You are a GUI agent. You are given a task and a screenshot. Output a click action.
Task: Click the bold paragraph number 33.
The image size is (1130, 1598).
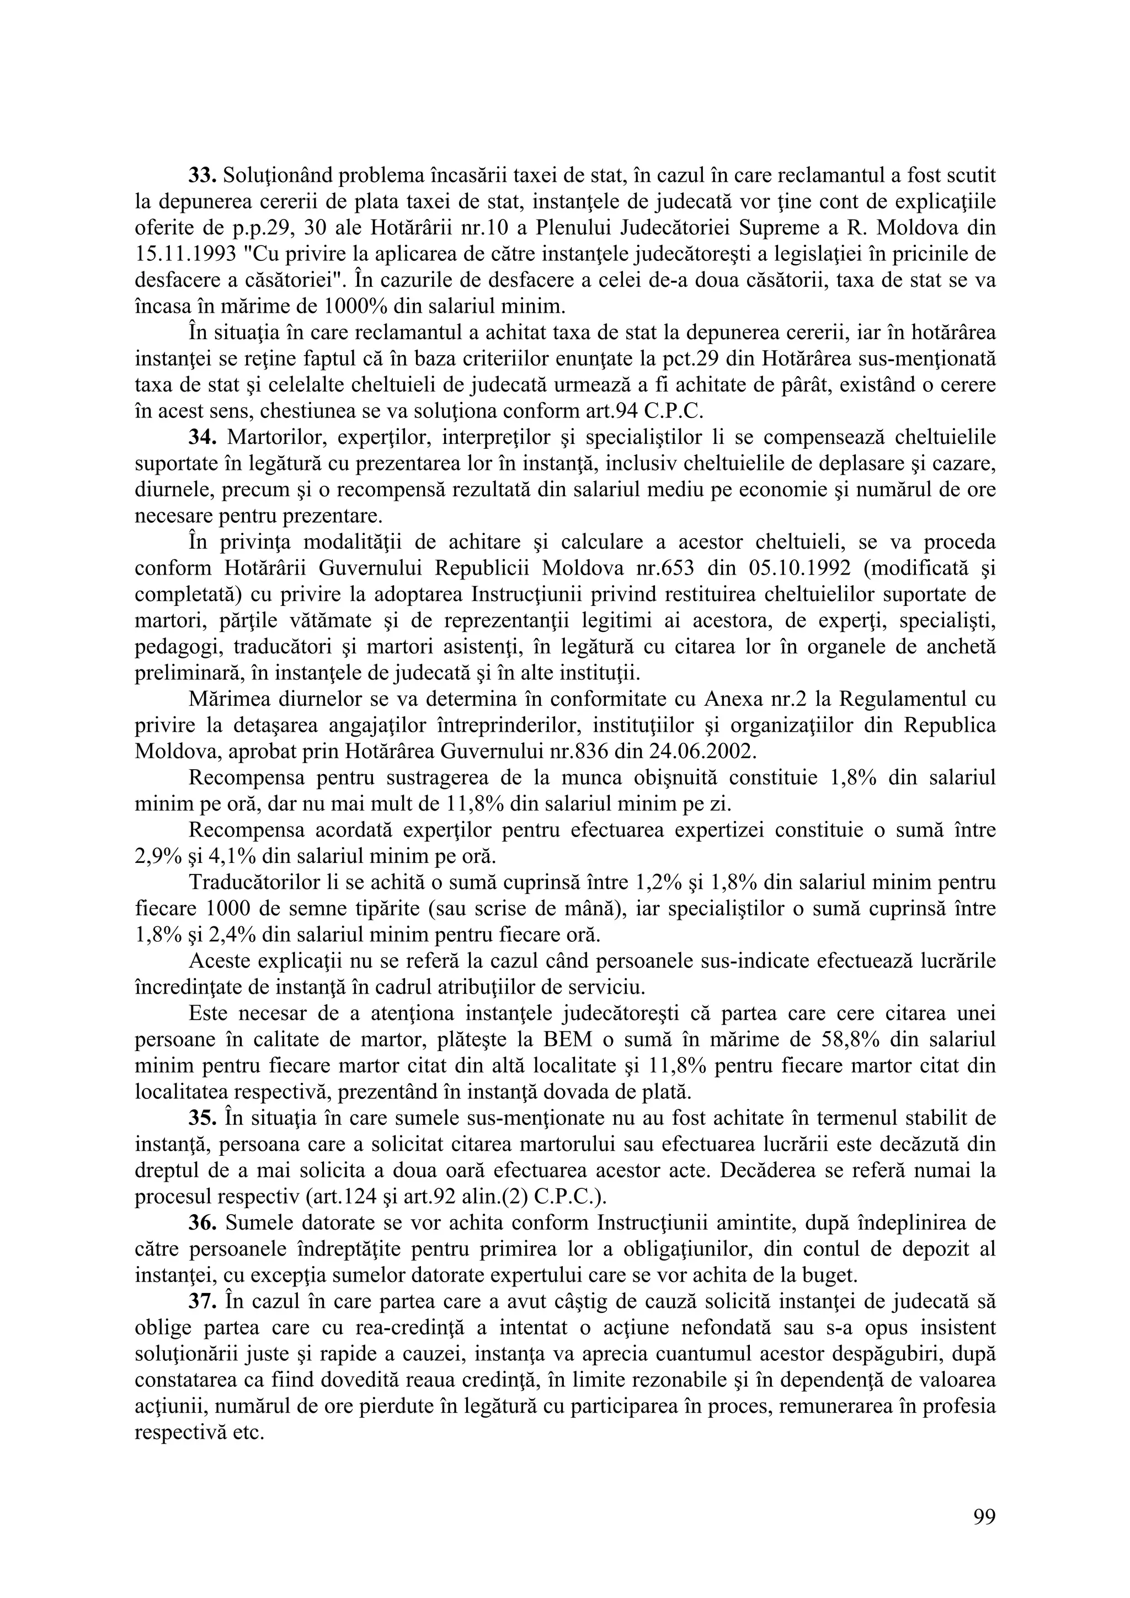click(202, 178)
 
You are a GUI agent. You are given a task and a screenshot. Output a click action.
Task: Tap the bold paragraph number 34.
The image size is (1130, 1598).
click(202, 438)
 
